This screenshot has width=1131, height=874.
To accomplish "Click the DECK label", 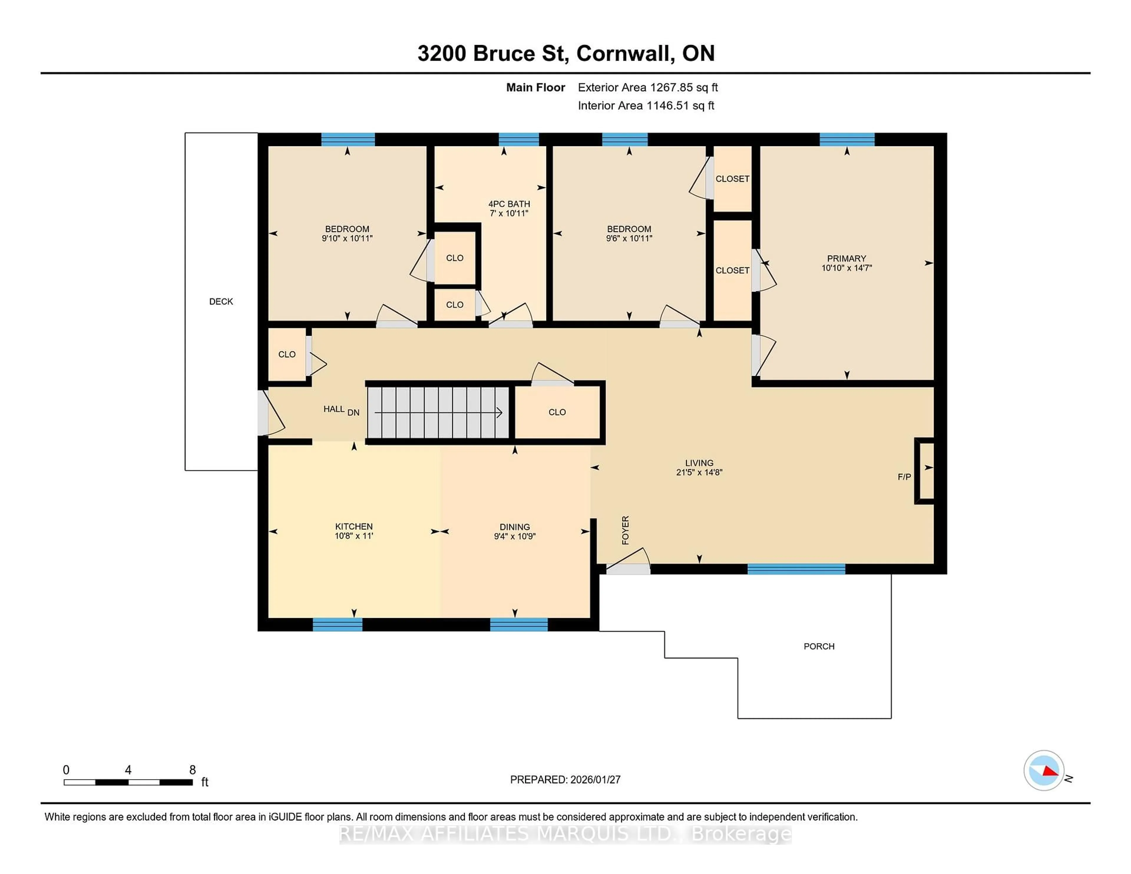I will [x=221, y=301].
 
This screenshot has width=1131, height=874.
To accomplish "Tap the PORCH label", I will [x=819, y=646].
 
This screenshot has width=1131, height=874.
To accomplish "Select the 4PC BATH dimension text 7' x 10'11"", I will [x=509, y=213].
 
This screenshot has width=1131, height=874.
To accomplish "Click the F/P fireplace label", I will [x=904, y=477].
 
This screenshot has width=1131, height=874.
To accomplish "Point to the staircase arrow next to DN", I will [x=438, y=413].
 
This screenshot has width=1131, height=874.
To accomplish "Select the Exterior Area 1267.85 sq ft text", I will [x=648, y=87].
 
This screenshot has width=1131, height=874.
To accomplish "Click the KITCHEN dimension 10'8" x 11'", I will [x=354, y=536].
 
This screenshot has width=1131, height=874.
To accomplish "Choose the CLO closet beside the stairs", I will [x=557, y=412].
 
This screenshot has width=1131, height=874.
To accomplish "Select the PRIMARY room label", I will [x=846, y=258].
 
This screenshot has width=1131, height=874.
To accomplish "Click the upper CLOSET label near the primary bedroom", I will [x=732, y=179].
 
